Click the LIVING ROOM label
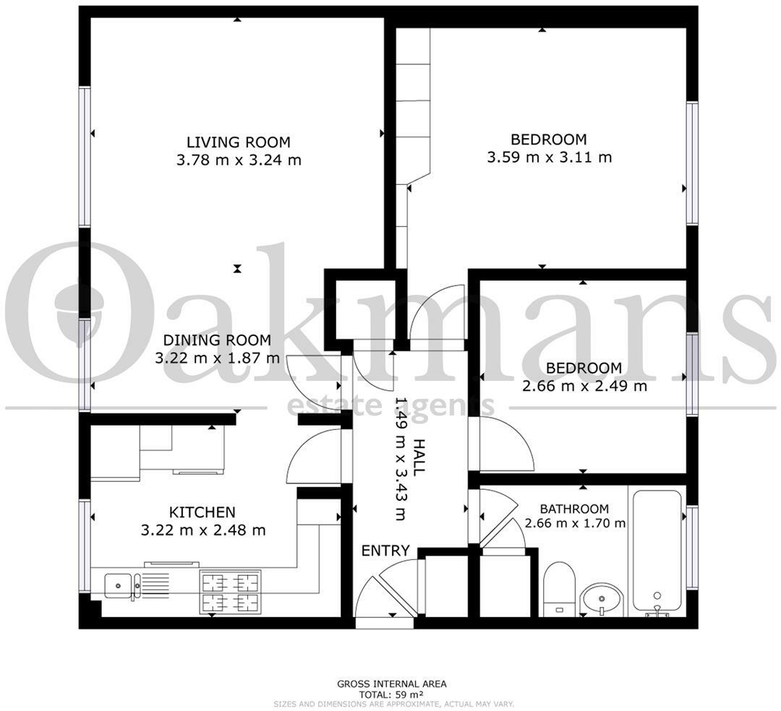238,142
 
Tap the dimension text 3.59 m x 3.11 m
549,158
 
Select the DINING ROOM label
217,340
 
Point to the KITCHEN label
202,512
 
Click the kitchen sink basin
118,585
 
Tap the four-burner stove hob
230,592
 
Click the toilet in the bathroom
559,589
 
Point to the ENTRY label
385,551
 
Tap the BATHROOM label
574,509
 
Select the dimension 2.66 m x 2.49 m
584,386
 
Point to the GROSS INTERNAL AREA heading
391,684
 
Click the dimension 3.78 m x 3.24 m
239,160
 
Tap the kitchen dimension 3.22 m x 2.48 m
203,530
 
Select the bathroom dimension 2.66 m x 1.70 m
576,523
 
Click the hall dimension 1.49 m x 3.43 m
400,458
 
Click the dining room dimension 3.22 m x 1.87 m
217,358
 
